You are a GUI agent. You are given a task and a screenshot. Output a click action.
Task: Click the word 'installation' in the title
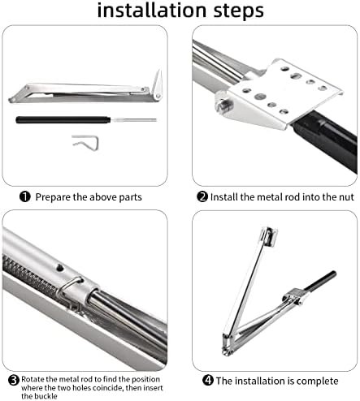tap(152, 11)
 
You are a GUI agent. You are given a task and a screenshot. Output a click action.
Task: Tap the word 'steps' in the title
tap(238, 11)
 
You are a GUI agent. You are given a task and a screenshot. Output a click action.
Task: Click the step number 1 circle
tap(25, 196)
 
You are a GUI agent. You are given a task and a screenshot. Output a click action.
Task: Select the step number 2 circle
tap(202, 196)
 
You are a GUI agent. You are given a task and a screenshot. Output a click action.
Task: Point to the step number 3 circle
tap(14, 380)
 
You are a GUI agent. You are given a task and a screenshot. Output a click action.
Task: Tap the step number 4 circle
tap(208, 381)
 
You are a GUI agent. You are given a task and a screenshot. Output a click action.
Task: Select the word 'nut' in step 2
tap(346, 197)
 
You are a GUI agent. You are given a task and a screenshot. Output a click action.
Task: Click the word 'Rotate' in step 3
tap(32, 379)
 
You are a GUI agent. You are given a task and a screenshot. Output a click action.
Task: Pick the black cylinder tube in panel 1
tap(63, 120)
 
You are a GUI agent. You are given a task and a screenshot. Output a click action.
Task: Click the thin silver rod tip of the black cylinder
tap(133, 120)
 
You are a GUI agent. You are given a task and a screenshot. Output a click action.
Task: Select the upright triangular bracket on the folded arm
tap(158, 84)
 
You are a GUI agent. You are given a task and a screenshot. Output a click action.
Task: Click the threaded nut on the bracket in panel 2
tap(224, 104)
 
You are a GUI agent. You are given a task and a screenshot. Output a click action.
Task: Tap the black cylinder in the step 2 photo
tap(326, 141)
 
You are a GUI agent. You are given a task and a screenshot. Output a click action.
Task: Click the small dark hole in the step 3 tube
tap(60, 268)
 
